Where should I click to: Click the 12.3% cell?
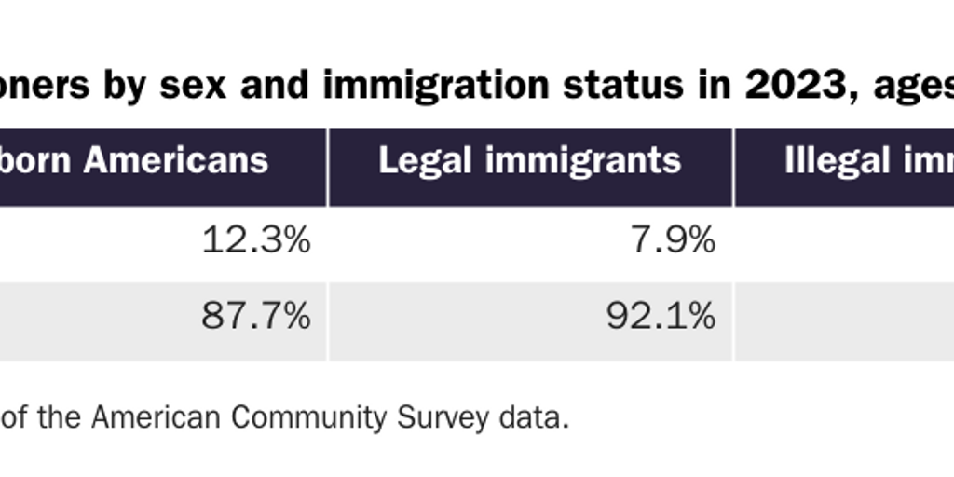pos(255,242)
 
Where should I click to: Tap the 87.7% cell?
pos(255,318)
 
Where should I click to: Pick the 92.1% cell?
pos(661,318)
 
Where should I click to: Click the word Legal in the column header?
pos(416,161)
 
